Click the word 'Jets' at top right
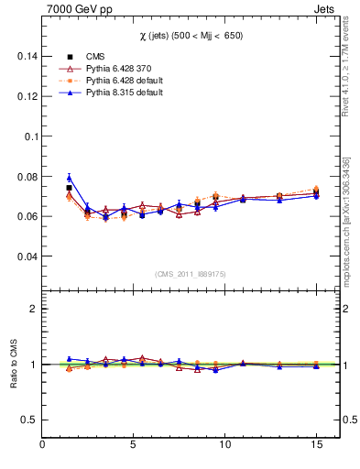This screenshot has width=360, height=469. coord(325,8)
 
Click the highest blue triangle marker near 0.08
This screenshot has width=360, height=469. coord(69,178)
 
